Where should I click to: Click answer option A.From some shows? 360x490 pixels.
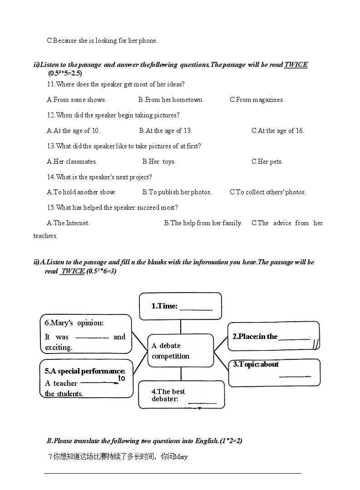click(76, 100)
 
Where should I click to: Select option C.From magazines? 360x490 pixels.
click(256, 100)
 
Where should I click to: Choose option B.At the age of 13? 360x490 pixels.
click(166, 131)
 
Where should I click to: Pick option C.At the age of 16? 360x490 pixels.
click(277, 131)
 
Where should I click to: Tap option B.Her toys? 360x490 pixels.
click(159, 162)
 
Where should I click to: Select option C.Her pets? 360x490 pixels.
click(267, 162)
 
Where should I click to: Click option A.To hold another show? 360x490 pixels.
click(81, 192)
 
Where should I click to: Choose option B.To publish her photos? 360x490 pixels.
click(177, 192)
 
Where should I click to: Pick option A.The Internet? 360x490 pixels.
click(68, 223)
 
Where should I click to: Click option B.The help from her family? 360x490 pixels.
click(203, 223)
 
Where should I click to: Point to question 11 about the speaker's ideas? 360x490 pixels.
click(116, 84)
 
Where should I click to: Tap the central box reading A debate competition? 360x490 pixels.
click(181, 351)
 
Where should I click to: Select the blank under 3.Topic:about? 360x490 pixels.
click(295, 376)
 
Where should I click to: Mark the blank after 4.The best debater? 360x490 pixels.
click(202, 402)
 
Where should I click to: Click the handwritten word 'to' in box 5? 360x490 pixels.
click(122, 378)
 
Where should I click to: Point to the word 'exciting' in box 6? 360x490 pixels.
click(59, 348)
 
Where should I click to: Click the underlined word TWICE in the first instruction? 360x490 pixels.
click(296, 65)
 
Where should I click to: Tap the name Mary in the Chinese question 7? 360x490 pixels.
click(182, 457)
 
